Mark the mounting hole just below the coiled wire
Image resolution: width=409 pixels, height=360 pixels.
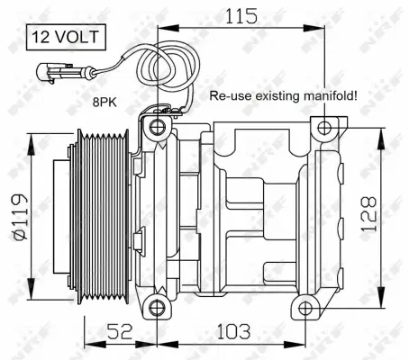(x=159, y=126)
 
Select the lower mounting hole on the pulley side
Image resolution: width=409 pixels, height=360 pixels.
(x=159, y=309)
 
